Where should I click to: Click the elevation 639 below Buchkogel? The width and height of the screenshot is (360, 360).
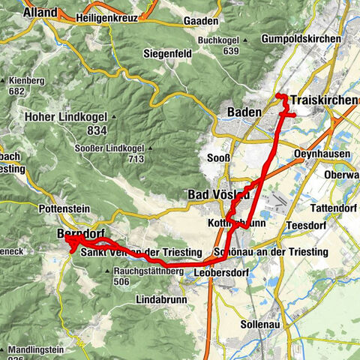click(x=231, y=51)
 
